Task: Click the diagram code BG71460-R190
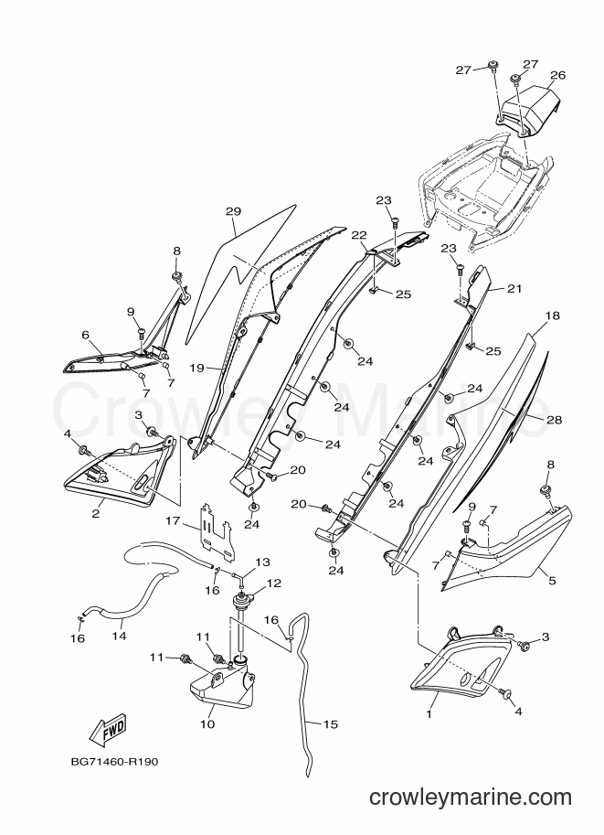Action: click(114, 762)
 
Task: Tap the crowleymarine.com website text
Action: click(471, 798)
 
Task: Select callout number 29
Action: click(233, 211)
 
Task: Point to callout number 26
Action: click(557, 75)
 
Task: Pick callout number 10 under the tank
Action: click(207, 724)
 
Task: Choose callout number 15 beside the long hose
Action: click(331, 724)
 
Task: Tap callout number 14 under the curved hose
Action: click(119, 636)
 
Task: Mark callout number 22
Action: click(359, 235)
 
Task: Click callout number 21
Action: click(514, 289)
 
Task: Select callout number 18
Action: click(553, 316)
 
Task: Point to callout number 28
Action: click(554, 420)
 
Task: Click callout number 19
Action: click(196, 368)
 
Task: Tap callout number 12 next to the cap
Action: click(273, 583)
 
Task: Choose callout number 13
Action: click(262, 562)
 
